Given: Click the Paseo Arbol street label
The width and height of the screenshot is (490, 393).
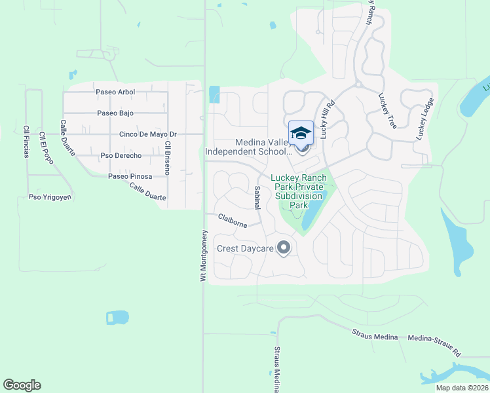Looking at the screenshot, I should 115,92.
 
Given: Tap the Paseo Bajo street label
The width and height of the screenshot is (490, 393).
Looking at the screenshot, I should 115,113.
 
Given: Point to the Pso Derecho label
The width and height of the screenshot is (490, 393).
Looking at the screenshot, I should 121,156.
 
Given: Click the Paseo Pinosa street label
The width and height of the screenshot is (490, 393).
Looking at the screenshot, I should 130,176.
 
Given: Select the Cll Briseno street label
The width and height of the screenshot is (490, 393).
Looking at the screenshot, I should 168,158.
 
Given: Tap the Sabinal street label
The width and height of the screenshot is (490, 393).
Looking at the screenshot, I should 257,197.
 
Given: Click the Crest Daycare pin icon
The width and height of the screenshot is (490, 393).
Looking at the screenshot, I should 284,248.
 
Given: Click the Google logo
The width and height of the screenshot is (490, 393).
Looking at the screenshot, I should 22,385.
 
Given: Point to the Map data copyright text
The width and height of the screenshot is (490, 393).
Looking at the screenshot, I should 462,388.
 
